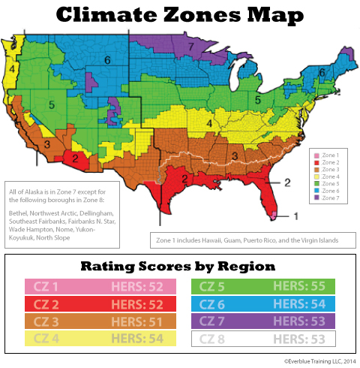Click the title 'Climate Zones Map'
pos(180,15)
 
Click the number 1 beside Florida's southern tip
pos(295,216)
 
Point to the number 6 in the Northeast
pos(322,73)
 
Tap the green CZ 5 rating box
pos(265,286)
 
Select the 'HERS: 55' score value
pos(307,286)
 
